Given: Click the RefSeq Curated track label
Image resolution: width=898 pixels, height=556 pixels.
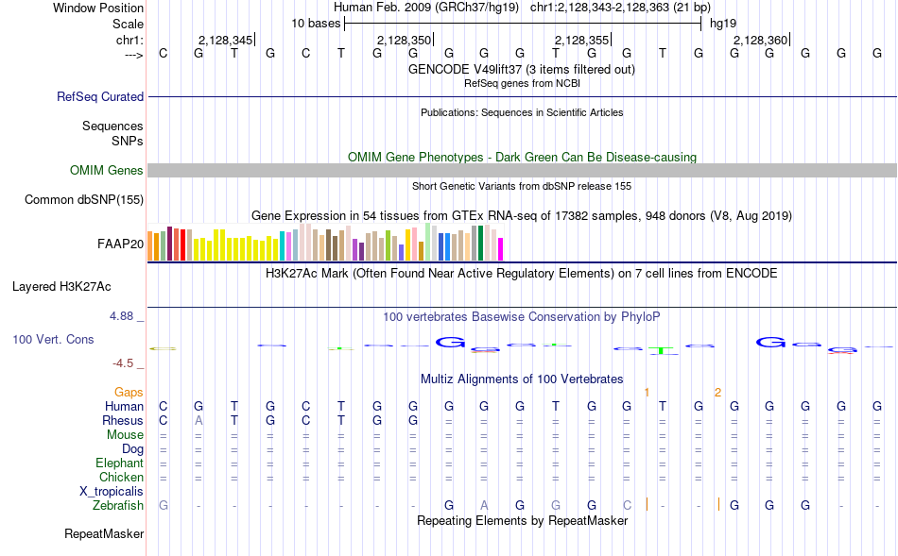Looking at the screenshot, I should coord(100,96).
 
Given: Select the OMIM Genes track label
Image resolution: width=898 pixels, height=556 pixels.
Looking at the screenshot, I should coord(107,171).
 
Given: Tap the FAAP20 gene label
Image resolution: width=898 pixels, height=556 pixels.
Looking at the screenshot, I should coord(120,244).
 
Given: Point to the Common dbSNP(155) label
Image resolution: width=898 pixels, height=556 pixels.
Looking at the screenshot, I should coord(84,199).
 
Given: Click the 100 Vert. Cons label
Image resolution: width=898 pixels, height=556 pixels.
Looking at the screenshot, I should coord(53,339).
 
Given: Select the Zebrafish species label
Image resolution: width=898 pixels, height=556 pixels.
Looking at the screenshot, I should coord(117,506).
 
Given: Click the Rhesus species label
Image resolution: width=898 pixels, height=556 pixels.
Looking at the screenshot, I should coord(123,420).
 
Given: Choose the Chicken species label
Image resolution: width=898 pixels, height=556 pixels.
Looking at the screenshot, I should coord(121,478).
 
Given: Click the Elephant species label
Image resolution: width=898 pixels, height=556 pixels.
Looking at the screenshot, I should coord(119,463).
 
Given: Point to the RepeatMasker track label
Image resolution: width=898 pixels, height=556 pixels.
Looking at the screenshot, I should coord(104,534).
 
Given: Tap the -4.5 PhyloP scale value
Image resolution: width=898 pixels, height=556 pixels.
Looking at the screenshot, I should coord(128,362).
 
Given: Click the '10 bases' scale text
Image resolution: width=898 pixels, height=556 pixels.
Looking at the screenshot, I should coord(316,23).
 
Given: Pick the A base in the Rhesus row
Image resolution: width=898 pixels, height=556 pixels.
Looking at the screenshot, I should coord(199,420).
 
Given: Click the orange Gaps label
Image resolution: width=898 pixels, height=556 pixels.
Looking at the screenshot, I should coord(129,392).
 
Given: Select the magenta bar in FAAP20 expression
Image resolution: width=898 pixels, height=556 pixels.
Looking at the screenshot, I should coord(501,248).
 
